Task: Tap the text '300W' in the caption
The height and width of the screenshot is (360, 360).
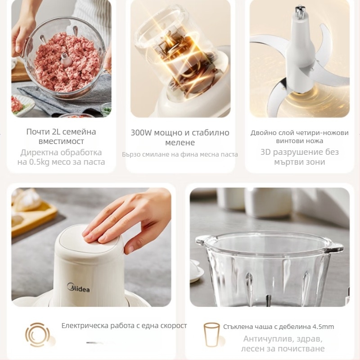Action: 141,133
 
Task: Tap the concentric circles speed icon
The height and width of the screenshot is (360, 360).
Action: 37,334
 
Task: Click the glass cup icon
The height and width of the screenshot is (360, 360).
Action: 211,334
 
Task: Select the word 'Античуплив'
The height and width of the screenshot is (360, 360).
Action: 266,339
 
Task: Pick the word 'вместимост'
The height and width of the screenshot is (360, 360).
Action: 61,141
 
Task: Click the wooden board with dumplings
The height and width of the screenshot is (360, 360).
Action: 31,216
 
